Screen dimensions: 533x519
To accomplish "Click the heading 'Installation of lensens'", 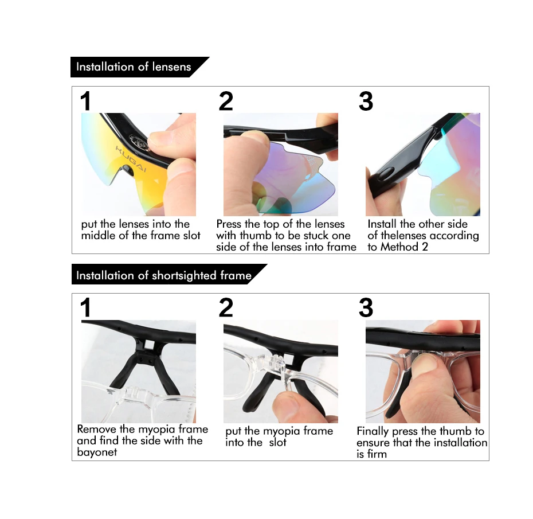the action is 134,67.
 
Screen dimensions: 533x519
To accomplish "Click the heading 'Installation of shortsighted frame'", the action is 164,275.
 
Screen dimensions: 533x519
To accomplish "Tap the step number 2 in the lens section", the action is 226,102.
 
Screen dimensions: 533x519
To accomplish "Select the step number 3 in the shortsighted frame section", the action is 366,308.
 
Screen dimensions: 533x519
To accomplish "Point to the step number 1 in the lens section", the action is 85,102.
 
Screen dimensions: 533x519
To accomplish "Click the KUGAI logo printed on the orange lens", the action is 131,159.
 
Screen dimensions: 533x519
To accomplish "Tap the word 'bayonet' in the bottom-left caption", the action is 97,452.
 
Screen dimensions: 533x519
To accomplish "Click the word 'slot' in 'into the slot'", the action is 278,442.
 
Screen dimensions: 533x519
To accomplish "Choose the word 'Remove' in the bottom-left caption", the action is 96,429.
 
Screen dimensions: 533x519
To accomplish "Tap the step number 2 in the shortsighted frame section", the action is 226,308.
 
